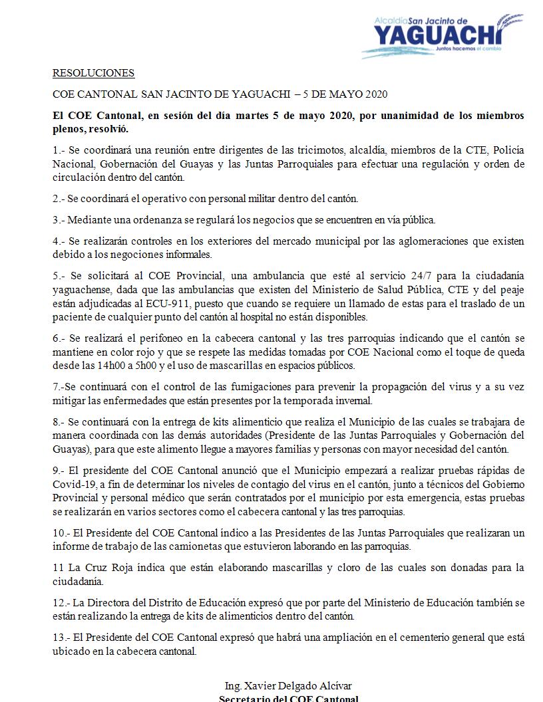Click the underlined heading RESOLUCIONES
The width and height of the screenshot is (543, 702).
94,73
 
